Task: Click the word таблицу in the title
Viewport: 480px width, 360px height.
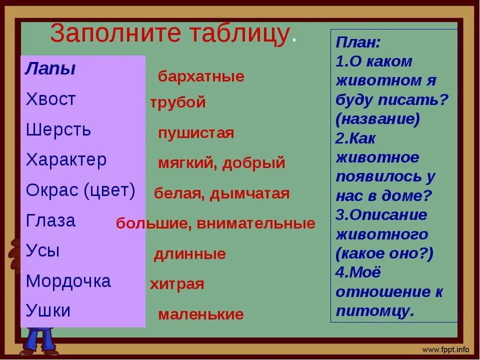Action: coord(239,34)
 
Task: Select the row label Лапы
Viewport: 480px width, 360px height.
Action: coord(50,69)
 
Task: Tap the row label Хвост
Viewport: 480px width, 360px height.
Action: coord(50,99)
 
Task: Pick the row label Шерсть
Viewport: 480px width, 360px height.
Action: coord(58,130)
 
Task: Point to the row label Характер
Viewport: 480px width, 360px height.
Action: coord(66,160)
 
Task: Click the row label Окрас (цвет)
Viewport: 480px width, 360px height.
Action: coord(80,190)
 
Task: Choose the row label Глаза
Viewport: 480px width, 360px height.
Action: coord(50,220)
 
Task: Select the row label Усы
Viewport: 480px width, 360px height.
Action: coord(42,250)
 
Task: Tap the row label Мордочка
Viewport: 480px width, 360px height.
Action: coord(68,281)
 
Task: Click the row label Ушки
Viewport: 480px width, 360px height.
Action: coord(48,311)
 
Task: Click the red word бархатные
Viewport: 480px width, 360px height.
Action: coord(201,76)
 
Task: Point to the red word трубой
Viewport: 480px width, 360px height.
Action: coord(178,102)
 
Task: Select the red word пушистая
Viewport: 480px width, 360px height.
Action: coord(196,133)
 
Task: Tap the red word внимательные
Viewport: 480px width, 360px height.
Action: coord(256,223)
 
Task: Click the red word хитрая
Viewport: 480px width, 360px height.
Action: coord(177,284)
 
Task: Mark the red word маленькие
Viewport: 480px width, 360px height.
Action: coord(201,314)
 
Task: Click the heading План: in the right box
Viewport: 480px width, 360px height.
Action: coord(358,42)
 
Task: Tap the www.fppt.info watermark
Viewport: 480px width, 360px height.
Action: coord(446,349)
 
